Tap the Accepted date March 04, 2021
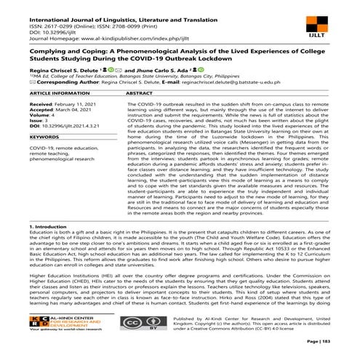pyautogui.click(x=62, y=111)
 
